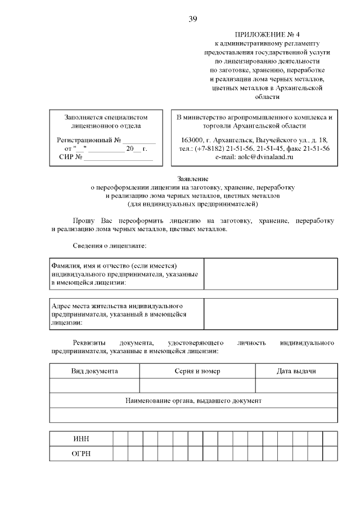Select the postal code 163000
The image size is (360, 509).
pyautogui.click(x=192, y=139)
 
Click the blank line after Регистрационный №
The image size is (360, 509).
pyautogui.click(x=139, y=139)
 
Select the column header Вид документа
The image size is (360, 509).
pyautogui.click(x=94, y=371)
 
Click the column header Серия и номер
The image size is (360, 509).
pyautogui.click(x=197, y=371)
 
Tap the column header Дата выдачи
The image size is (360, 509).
pyautogui.click(x=296, y=371)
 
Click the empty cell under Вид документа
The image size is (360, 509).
pyautogui.click(x=94, y=385)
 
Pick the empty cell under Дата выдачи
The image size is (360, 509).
pyautogui.click(x=296, y=385)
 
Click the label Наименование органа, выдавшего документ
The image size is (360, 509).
pyautogui.click(x=193, y=400)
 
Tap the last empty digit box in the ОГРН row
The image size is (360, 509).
pyautogui.click(x=330, y=454)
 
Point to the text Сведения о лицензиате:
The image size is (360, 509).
pyautogui.click(x=110, y=246)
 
